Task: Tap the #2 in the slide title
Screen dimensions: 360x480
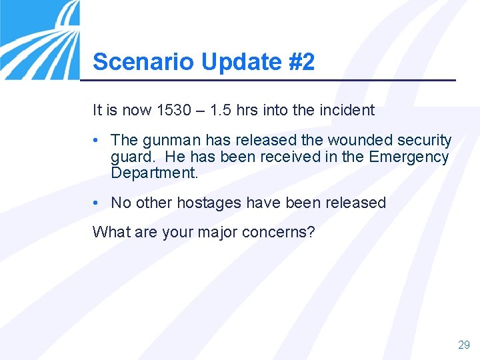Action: coord(301,62)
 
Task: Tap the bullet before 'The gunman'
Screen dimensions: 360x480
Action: coord(97,141)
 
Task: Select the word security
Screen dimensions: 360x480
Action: coord(424,141)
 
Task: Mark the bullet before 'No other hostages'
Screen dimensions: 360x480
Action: coord(97,203)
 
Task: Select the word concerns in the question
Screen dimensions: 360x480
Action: coord(283,232)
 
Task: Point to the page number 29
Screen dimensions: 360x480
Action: coord(463,345)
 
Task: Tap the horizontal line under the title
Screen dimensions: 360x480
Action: coord(267,81)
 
